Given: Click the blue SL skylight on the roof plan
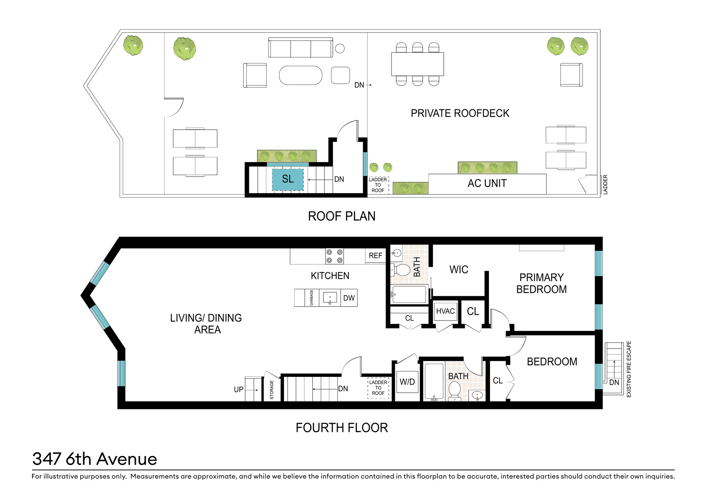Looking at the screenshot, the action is click(288, 179).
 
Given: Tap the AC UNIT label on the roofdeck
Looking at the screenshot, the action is click(487, 183).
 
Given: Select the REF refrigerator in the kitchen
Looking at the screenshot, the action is click(375, 256).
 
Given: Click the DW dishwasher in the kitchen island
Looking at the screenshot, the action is click(349, 298).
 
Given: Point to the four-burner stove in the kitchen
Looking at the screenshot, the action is click(334, 256).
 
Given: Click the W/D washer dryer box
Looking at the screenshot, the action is click(407, 382).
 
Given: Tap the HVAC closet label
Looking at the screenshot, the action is click(445, 311).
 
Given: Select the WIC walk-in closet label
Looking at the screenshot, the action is click(459, 270).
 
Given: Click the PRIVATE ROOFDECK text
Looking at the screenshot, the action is click(460, 113).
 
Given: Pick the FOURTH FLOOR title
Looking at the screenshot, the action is click(342, 428).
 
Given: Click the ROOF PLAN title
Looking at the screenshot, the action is click(342, 216).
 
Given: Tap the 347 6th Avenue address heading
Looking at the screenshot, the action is click(95, 459).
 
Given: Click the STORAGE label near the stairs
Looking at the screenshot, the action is click(272, 390).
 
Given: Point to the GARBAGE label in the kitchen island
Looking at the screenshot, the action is click(312, 298).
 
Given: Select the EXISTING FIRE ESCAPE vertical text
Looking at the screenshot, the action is click(629, 369).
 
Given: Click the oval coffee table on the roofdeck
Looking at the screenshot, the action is click(300, 76).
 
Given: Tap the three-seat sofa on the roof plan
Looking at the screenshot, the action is click(300, 48).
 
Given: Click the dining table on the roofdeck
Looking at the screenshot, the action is click(418, 64).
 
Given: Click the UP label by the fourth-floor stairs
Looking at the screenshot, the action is click(239, 390).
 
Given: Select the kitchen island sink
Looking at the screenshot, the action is click(330, 298).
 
